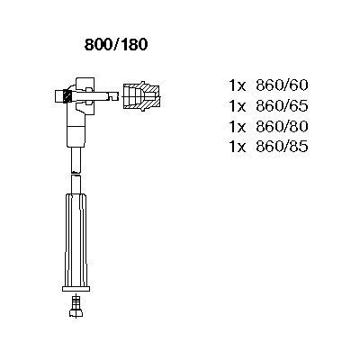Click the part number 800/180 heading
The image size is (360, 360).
tap(116, 45)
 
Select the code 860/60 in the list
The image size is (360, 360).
tap(282, 85)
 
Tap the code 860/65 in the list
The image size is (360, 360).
tap(282, 106)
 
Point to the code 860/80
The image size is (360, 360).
tap(282, 127)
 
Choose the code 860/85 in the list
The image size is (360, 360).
tap(282, 147)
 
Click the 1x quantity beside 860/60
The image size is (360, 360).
tap(238, 85)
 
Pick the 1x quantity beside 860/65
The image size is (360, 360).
tap(238, 106)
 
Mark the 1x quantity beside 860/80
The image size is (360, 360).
tap(238, 127)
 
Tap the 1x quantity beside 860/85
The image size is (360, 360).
tap(238, 147)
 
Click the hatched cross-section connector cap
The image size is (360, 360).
tap(141, 95)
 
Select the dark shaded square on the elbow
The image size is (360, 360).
tap(67, 96)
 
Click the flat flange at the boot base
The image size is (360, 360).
tap(76, 289)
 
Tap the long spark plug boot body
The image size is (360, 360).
tap(76, 240)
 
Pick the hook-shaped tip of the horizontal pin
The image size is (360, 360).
tap(113, 96)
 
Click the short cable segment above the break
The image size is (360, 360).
tap(76, 159)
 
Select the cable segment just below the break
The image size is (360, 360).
tap(76, 184)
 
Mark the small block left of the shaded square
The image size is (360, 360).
tap(59, 96)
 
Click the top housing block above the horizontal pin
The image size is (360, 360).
tap(85, 85)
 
